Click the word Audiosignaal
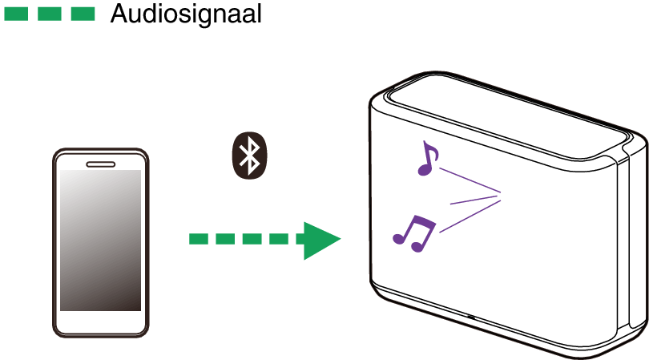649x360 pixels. tap(186, 14)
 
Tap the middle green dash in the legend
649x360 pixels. tap(49, 14)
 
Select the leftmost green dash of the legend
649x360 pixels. tap(16, 14)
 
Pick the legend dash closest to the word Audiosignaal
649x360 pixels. tap(83, 14)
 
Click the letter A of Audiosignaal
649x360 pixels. tap(119, 14)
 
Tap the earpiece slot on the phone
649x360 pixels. tap(101, 164)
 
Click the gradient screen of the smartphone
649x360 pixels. tap(101, 241)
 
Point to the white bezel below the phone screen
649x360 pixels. tap(101, 322)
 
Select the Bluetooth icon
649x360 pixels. tap(249, 156)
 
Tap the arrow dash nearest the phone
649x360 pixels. tap(198, 239)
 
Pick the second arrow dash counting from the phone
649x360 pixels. tap(225, 239)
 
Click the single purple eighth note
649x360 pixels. tap(428, 159)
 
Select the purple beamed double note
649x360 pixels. tap(415, 233)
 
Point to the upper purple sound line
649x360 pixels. tap(470, 180)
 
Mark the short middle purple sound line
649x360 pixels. tap(476, 200)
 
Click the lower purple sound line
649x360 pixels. tap(470, 216)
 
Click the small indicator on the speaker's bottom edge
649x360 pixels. tap(470, 318)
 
